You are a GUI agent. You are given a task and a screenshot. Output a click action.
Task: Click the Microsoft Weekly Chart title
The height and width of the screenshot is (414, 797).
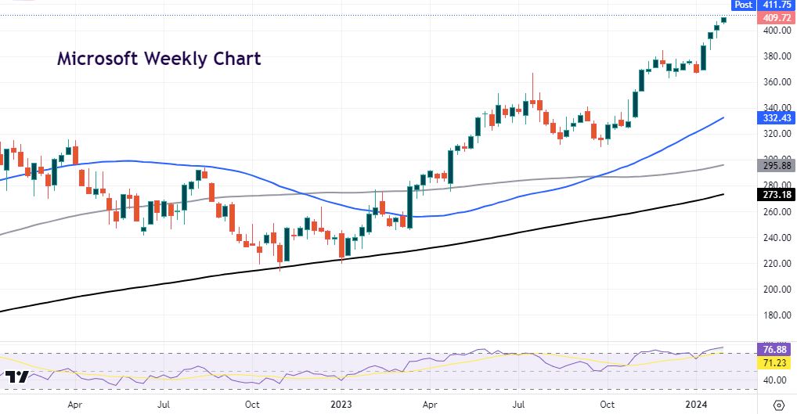click(x=159, y=59)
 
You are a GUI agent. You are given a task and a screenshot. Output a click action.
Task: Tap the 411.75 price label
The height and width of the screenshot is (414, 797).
click(x=778, y=5)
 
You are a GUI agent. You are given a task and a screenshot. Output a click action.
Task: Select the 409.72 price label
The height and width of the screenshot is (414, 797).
click(x=778, y=18)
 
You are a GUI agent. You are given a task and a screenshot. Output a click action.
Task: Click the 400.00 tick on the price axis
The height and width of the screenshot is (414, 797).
click(x=777, y=31)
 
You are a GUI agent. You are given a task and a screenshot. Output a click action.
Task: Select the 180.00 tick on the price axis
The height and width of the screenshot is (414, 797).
click(x=777, y=315)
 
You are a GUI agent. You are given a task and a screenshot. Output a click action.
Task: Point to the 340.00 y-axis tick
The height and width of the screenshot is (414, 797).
click(x=777, y=108)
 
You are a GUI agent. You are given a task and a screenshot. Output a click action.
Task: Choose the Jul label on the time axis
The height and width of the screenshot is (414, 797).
click(x=164, y=405)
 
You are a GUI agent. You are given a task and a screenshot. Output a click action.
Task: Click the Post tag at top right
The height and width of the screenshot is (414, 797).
click(x=743, y=5)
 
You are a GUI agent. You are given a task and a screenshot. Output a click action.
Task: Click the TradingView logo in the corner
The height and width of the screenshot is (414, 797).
click(x=16, y=377)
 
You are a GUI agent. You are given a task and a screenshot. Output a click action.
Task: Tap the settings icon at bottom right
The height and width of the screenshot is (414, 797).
click(x=778, y=405)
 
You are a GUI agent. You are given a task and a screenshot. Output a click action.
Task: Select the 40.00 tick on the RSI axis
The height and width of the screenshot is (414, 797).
click(x=777, y=380)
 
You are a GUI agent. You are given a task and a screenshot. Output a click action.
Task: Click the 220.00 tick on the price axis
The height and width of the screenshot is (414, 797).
click(x=777, y=264)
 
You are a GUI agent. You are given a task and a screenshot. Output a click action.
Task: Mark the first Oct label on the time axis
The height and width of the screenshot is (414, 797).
click(x=252, y=405)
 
